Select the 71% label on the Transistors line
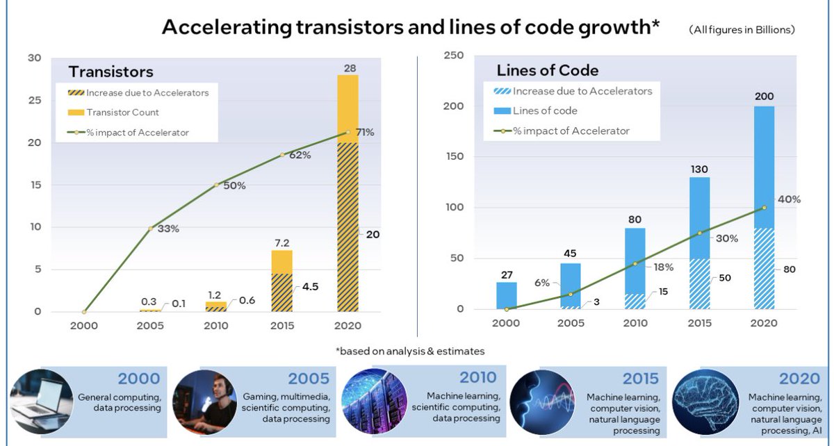point(365,132)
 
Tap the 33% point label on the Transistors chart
point(167,229)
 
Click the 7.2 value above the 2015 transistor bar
point(282,243)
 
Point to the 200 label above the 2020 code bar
point(764,97)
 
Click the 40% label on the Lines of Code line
point(789,199)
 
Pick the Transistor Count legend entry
point(122,113)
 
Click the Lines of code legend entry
point(544,110)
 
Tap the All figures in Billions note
point(742,30)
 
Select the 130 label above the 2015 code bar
point(699,168)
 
